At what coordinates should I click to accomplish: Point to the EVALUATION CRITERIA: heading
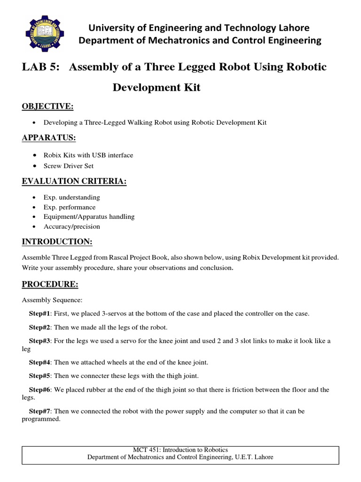pos(74,182)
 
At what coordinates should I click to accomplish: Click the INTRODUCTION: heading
pos(57,242)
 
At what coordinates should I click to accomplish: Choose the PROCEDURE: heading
pos(50,285)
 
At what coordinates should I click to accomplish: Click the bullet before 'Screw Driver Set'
pos(36,166)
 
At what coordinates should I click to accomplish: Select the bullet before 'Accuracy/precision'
pos(36,226)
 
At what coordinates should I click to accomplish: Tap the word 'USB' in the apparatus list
pos(99,155)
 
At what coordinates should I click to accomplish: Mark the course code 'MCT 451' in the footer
pos(146,450)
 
